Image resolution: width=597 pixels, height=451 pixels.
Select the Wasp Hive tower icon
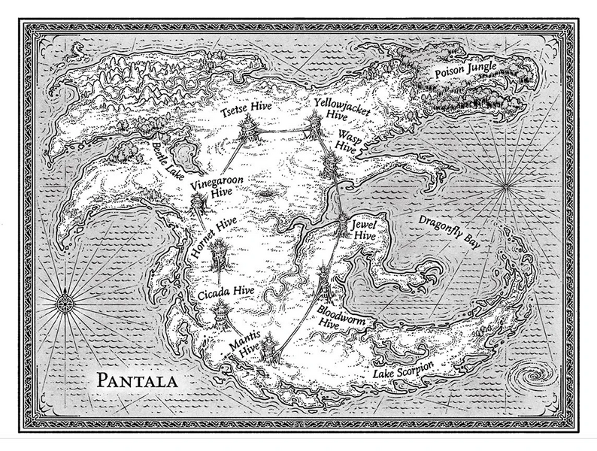(x=329, y=165)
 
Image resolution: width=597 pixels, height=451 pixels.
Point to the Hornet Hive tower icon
(x=219, y=256)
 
